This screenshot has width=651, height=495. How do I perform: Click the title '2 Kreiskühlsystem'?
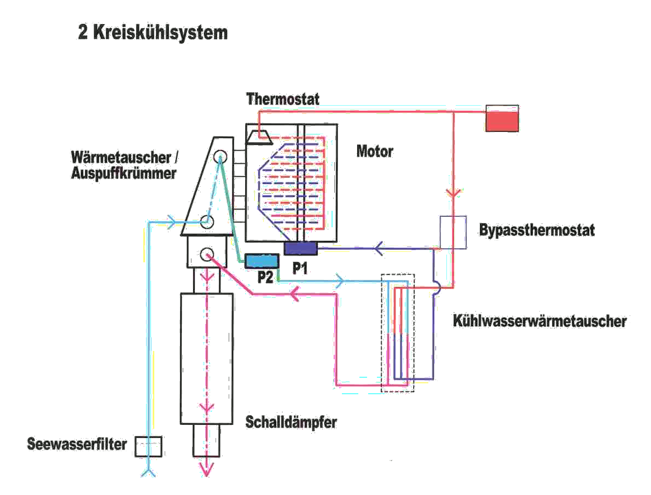point(153,32)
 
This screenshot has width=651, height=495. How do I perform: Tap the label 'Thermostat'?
point(283,99)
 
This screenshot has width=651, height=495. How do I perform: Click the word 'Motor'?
point(375,151)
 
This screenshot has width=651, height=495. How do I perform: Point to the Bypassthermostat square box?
point(453,232)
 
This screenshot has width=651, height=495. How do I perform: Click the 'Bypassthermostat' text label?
point(537,229)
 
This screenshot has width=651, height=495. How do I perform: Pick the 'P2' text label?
point(266,278)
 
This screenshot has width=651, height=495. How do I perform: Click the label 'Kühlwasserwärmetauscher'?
point(539,321)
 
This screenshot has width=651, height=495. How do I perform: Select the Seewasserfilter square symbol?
point(148,446)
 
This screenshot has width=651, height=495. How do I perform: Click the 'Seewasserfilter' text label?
point(77,444)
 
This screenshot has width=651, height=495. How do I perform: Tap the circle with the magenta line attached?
point(207,254)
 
